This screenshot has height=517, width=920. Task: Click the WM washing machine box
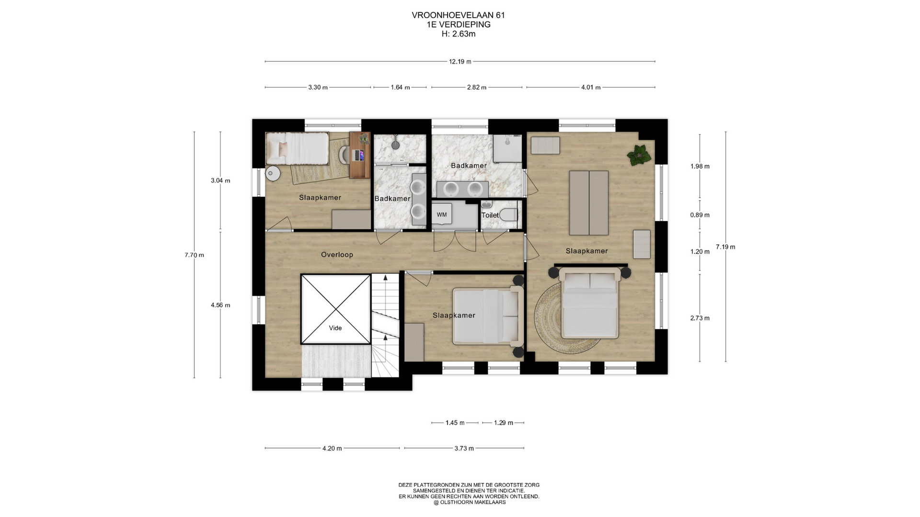coord(442,214)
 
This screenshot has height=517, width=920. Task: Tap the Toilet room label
coord(490,215)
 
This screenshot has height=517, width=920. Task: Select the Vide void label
coord(335,328)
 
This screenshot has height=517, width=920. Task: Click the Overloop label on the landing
coord(337,255)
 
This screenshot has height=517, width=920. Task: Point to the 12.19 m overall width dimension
coord(460,61)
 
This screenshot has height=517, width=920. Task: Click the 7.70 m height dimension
coord(194,255)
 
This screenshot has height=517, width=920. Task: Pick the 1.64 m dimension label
coord(400,87)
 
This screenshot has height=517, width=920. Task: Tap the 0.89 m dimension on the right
coord(700,215)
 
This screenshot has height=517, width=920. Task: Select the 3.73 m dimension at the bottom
coord(464,448)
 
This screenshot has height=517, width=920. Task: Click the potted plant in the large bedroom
coord(639,155)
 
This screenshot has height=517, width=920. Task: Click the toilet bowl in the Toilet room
coord(509,215)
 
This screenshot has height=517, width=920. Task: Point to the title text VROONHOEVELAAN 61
coord(459,15)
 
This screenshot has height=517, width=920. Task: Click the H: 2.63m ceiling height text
coord(459,34)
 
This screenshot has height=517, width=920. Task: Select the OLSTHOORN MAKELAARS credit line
coord(470,502)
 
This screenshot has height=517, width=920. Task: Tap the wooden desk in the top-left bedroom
coord(359,155)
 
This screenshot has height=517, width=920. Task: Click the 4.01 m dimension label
coord(591,87)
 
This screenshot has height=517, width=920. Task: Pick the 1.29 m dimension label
coord(504,423)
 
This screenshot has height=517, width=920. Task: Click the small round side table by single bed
coord(273,174)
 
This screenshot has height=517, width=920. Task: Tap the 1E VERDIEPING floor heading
coord(459,24)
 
